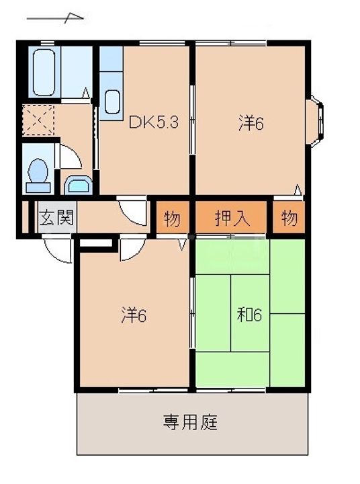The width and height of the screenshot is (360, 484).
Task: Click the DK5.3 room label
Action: [x=153, y=122]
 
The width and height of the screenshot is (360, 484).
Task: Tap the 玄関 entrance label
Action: [x=57, y=217]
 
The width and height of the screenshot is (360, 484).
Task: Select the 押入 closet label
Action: [x=232, y=218]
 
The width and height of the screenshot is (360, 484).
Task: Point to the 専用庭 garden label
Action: [x=190, y=422]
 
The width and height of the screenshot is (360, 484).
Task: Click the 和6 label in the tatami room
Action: [x=249, y=315]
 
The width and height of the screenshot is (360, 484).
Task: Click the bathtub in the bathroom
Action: [x=44, y=72]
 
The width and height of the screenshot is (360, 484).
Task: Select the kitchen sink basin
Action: [x=112, y=102]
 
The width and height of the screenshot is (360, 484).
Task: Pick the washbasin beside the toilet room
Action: [x=79, y=186]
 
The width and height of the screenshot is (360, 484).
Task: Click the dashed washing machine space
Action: [x=38, y=120]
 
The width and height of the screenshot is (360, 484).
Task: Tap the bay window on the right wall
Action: [x=314, y=122]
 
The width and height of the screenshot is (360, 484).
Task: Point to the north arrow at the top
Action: [x=55, y=18]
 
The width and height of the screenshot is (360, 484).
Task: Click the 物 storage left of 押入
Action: [x=172, y=218]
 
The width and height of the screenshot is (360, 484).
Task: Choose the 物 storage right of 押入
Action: [x=289, y=218]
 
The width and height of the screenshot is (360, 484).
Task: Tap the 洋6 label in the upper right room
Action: [x=251, y=123]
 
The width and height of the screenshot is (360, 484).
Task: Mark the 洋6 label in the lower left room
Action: [x=133, y=315]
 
